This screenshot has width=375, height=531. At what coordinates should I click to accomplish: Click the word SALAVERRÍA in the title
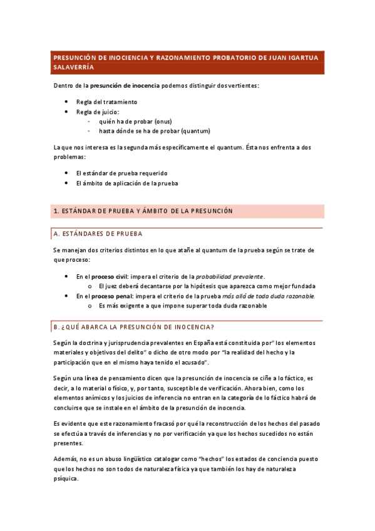pos(73,66)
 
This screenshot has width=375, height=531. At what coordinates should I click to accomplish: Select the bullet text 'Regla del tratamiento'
pos(106,101)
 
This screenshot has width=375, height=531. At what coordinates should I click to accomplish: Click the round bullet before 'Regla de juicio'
pos(67,111)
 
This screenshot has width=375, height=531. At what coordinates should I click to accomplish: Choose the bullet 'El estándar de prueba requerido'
pos(121,173)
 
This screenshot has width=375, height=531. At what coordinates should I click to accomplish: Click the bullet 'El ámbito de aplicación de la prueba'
pos(127,183)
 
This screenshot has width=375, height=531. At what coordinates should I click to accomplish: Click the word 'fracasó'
pos(148,423)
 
